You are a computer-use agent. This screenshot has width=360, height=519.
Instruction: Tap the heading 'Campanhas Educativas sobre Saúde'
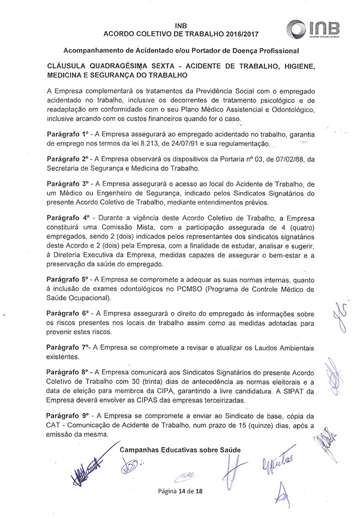(x=180, y=449)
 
